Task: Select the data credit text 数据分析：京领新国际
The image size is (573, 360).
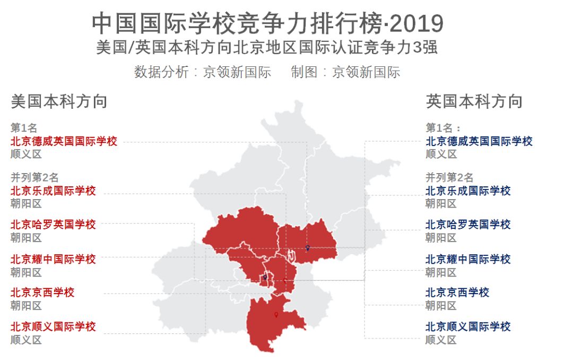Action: [x=202, y=72]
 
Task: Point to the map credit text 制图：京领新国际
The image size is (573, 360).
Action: [x=345, y=72]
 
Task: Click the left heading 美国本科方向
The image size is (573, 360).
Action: [x=59, y=101]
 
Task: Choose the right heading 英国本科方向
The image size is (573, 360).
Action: [x=474, y=101]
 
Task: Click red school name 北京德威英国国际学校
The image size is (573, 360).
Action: [x=64, y=141]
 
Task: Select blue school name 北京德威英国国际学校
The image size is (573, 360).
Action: [x=479, y=141]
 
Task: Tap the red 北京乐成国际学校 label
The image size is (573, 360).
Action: [x=53, y=191]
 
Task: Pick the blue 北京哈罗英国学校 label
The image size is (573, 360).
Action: [x=468, y=224]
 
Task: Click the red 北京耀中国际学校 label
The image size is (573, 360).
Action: [x=53, y=259]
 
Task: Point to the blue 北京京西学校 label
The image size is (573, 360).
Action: [x=457, y=293]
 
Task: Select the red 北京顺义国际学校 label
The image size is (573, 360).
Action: [x=53, y=327]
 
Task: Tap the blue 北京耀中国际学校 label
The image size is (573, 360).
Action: [x=468, y=259]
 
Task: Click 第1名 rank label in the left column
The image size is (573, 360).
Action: [x=24, y=128]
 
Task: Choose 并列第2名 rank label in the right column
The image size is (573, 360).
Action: [x=449, y=177]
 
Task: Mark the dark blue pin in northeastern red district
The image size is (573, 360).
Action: [x=307, y=248]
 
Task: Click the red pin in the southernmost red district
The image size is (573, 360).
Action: [x=276, y=315]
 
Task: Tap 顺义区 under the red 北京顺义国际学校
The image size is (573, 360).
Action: [x=26, y=340]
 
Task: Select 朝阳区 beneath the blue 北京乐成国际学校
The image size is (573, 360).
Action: [x=441, y=204]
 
